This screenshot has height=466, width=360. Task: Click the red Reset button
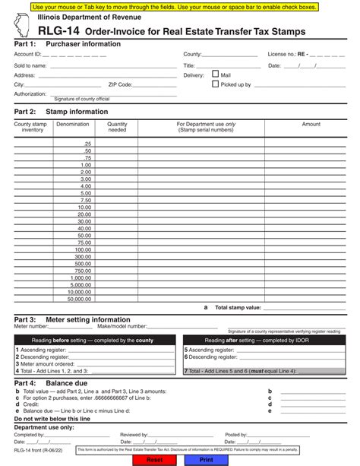click(x=154, y=460)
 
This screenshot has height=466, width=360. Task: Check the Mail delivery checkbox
click(x=215, y=74)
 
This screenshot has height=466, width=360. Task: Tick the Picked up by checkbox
click(x=215, y=84)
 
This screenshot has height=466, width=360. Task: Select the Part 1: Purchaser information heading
click(x=67, y=44)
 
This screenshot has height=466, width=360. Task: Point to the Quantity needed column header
click(x=117, y=127)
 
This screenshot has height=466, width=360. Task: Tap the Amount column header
click(x=311, y=124)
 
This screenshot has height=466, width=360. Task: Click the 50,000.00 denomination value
click(x=78, y=299)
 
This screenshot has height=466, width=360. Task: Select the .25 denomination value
click(x=87, y=144)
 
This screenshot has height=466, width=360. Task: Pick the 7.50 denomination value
click(x=85, y=200)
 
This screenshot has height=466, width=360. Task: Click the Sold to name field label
click(x=30, y=65)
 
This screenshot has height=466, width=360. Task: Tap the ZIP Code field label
click(x=120, y=85)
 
